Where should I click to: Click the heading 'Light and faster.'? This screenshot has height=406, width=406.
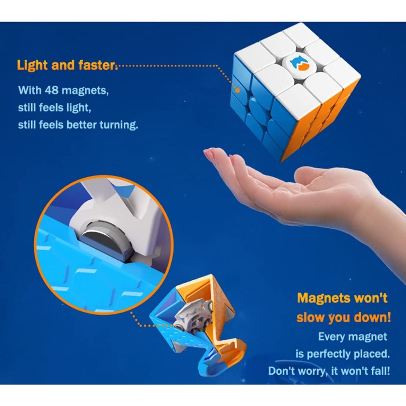point(67,65)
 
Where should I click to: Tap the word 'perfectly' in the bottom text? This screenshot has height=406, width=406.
point(332,354)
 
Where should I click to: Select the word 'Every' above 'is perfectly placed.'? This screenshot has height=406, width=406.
point(331,337)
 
